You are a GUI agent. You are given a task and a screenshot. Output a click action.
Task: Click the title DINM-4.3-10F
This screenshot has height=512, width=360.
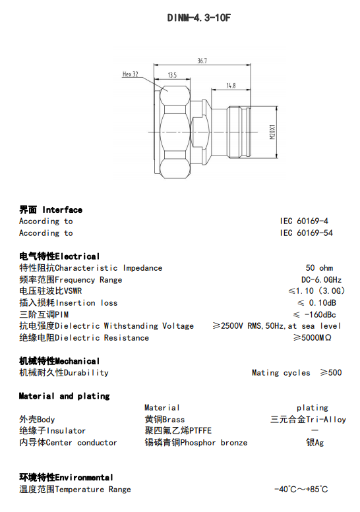(x=198, y=17)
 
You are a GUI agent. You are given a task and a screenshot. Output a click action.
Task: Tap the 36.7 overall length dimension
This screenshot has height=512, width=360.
(x=202, y=61)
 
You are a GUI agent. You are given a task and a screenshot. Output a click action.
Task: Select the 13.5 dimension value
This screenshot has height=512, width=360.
(x=172, y=75)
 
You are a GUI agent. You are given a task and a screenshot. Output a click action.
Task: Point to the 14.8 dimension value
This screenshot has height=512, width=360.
(x=231, y=86)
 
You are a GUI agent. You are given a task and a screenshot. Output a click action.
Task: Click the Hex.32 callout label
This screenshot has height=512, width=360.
(x=131, y=74)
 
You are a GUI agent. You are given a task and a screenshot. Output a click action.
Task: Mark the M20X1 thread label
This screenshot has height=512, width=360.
(x=272, y=132)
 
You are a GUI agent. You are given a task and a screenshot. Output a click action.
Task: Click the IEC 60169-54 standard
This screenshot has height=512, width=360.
(x=306, y=233)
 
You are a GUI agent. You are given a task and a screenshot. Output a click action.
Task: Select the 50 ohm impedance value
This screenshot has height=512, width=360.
(x=319, y=268)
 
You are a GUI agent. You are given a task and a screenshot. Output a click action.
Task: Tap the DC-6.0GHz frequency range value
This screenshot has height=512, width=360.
(x=322, y=280)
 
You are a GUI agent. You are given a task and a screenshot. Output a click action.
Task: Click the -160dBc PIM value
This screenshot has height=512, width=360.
(x=320, y=315)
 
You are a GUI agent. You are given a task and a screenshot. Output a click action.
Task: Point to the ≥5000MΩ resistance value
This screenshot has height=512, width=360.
(x=313, y=337)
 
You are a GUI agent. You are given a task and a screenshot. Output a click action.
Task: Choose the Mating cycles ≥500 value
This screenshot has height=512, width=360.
(x=297, y=372)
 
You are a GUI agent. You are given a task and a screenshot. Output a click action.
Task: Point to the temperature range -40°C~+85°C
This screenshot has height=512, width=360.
(x=301, y=489)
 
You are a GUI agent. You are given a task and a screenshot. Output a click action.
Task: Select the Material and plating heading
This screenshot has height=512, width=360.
(x=64, y=396)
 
